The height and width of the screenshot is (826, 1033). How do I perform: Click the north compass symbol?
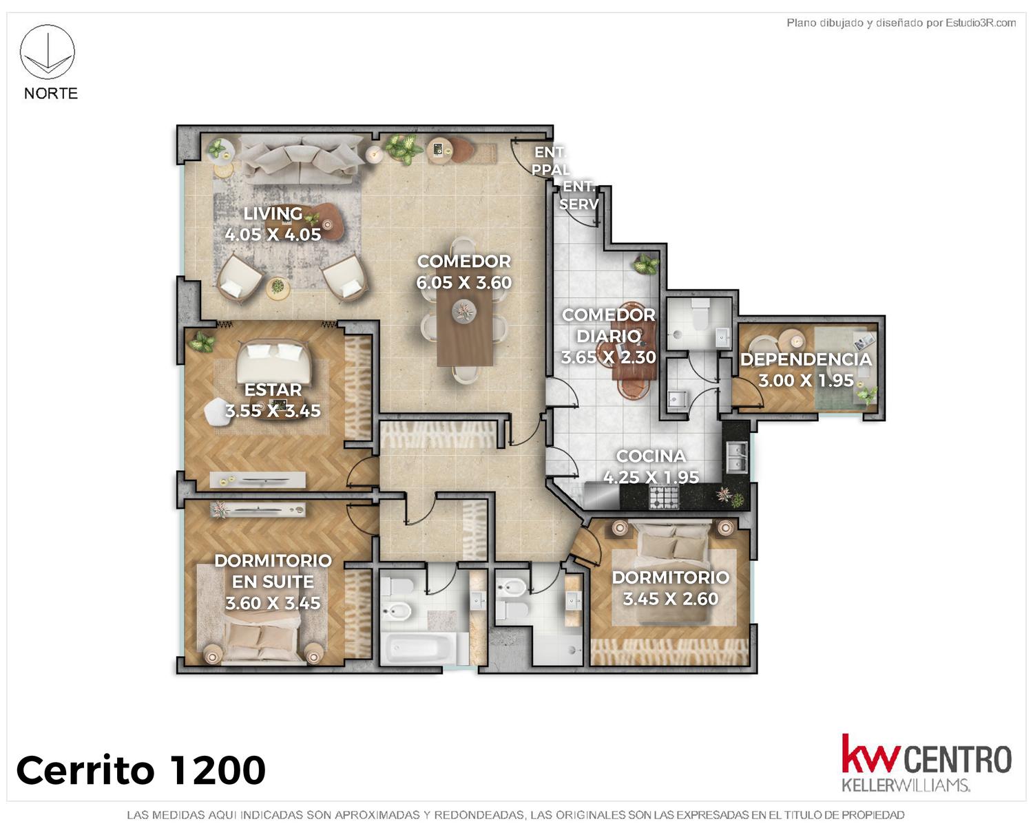point(47,52)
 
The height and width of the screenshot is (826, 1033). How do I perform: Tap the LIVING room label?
point(273,213)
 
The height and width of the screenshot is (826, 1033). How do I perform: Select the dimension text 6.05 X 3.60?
point(463,283)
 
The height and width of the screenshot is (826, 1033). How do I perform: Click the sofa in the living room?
point(302,159)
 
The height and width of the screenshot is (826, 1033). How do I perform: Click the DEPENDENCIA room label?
point(806,359)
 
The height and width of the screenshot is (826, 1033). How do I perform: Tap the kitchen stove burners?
point(664,497)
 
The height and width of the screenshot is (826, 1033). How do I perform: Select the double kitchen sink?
point(736,457)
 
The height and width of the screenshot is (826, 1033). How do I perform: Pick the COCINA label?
point(650,456)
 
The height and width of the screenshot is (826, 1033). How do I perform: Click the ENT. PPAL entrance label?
point(550,161)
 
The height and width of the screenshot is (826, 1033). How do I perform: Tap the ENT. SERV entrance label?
point(578,195)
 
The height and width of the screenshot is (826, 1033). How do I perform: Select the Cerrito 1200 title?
point(140,770)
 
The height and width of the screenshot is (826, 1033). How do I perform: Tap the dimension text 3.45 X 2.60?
point(671,598)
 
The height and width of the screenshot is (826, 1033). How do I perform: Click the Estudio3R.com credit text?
point(901,23)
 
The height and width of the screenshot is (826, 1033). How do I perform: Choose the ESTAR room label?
point(273,389)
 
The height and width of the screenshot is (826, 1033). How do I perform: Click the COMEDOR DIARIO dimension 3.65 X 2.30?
point(609,357)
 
